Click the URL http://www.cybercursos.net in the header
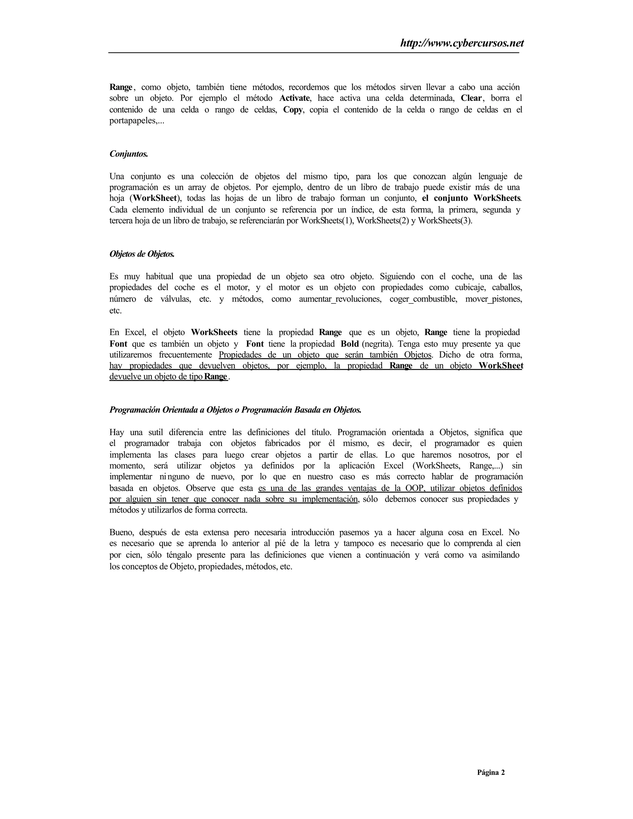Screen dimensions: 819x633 (462, 44)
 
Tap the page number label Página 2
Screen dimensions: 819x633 (491, 772)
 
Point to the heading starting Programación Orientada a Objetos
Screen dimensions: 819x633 (235, 409)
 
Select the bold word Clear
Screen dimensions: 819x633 (471, 98)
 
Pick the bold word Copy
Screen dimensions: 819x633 (293, 110)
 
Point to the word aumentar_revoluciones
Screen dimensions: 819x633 (340, 299)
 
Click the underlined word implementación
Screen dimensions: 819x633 (330, 499)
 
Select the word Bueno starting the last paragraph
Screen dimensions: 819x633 (122, 532)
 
